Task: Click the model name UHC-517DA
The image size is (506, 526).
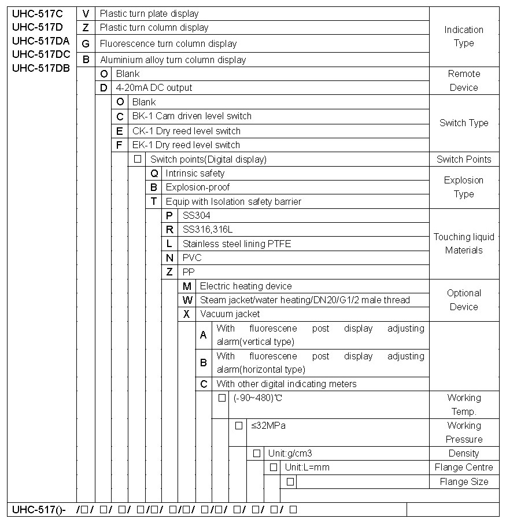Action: pos(40,41)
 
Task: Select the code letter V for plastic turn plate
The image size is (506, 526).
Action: pos(86,13)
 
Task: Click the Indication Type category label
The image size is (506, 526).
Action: pos(464,36)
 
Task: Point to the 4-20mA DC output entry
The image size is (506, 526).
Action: pos(154,88)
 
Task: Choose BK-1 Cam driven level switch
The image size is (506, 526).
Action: pos(191,116)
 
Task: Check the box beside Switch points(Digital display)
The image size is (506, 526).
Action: pos(138,159)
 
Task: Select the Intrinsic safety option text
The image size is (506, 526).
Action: pos(195,173)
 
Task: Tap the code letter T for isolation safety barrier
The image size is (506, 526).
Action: pos(154,201)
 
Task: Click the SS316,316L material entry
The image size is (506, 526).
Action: pos(208,230)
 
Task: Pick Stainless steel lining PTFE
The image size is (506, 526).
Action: pos(237,244)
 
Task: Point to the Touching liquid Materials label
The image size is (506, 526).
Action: pos(464,244)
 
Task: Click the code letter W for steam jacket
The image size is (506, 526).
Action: pos(187,300)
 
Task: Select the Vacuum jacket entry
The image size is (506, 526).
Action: pos(230,314)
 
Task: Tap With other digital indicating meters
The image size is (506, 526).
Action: pos(286,384)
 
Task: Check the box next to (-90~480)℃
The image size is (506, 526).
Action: pos(221,398)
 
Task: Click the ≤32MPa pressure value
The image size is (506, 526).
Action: pos(268,426)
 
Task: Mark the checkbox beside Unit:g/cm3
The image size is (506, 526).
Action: pos(256,453)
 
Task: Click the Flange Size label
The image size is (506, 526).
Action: pos(464,481)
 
